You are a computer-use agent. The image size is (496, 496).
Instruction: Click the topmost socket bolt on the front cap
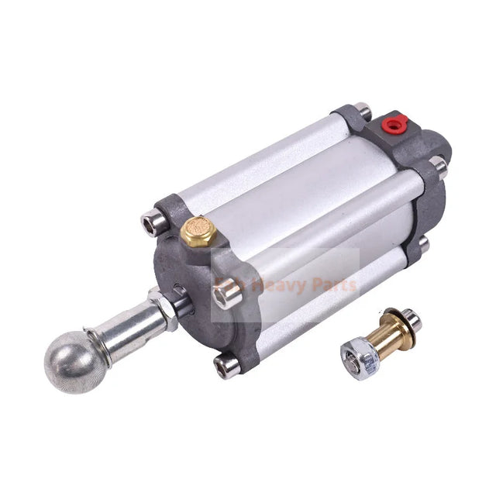click(x=149, y=223)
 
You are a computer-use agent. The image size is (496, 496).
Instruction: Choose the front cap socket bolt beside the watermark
click(x=223, y=294)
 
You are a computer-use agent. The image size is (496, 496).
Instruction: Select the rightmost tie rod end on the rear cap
click(x=440, y=165)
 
